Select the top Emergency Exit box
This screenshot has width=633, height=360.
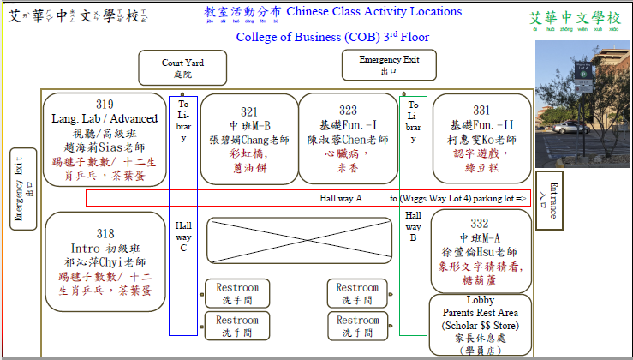(x=389, y=65)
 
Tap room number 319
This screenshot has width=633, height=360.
(x=105, y=105)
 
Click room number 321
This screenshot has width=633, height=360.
(x=248, y=112)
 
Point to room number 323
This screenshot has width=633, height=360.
(x=348, y=111)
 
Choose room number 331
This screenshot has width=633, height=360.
(x=481, y=111)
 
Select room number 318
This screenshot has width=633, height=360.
(x=105, y=233)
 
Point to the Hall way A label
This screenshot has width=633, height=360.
(x=341, y=198)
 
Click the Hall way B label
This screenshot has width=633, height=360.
(x=413, y=226)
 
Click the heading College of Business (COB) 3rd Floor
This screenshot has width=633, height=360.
(x=332, y=37)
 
